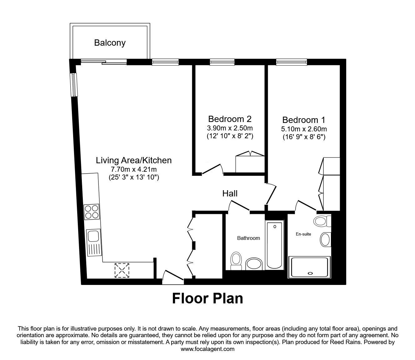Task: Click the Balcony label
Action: (110, 43)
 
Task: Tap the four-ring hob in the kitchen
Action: (92, 211)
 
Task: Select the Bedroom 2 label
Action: (230, 119)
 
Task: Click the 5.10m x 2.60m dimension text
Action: (304, 129)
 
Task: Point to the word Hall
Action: (230, 194)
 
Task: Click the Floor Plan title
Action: (207, 298)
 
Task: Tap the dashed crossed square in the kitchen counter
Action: (122, 270)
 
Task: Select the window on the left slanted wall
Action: (74, 84)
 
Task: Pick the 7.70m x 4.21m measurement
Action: (134, 169)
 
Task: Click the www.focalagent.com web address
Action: (207, 349)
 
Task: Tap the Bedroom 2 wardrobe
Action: (250, 162)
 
